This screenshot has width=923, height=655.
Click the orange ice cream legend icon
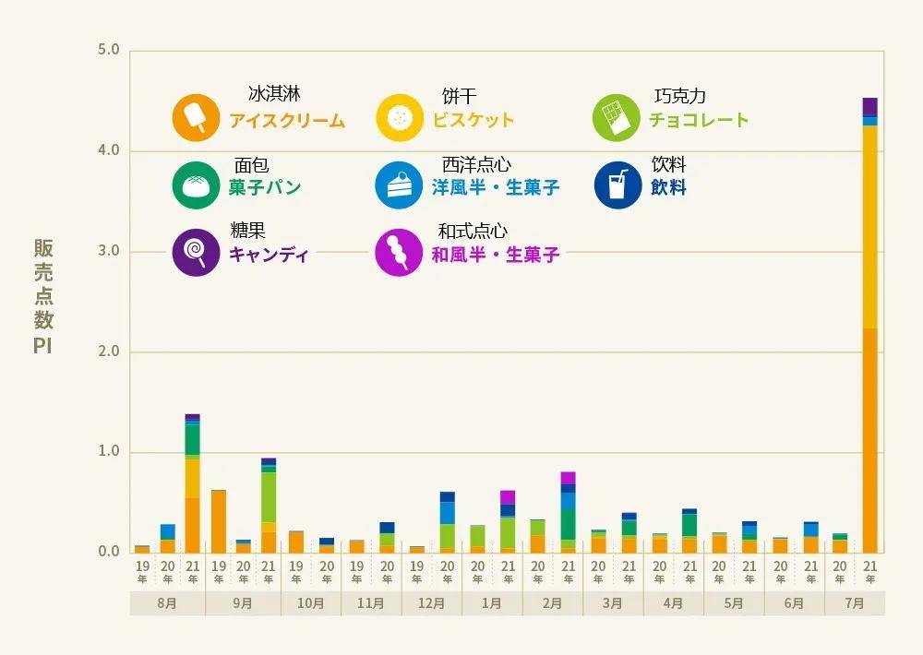[x=196, y=118]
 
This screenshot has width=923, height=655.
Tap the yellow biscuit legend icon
[x=399, y=118]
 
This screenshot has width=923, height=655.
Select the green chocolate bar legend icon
[x=615, y=118]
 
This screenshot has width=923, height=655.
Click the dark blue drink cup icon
[x=617, y=185]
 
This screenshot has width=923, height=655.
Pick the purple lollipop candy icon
[x=196, y=252]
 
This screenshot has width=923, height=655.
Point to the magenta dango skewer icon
[x=399, y=252]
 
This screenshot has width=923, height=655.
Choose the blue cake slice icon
[x=399, y=185]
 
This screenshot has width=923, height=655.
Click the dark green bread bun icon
[x=196, y=185]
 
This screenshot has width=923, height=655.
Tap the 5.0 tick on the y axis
[x=109, y=50]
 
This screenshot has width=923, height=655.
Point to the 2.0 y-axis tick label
[x=109, y=351]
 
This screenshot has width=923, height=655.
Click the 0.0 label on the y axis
[x=109, y=552]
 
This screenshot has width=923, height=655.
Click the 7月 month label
[x=855, y=603]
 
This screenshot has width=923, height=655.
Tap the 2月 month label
[x=552, y=603]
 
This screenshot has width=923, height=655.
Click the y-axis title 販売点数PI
[x=43, y=296]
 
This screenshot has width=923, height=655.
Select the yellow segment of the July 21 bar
[x=869, y=226]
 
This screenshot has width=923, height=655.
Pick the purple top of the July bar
[x=869, y=106]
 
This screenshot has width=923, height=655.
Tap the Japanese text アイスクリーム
[x=287, y=121]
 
